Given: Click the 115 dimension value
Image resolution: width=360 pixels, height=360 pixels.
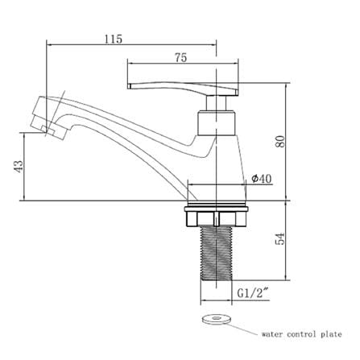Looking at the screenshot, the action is pyautogui.click(x=113, y=39).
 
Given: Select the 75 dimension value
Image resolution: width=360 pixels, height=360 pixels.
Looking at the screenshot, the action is pyautogui.click(x=180, y=57).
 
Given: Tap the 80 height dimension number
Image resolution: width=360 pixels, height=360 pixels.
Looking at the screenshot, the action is pyautogui.click(x=280, y=141).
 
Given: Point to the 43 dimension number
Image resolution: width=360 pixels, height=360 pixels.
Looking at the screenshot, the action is pyautogui.click(x=19, y=167).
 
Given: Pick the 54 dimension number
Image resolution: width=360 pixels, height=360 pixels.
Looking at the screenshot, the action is pyautogui.click(x=279, y=238).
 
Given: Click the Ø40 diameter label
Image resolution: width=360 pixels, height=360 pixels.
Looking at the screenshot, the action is pyautogui.click(x=262, y=179).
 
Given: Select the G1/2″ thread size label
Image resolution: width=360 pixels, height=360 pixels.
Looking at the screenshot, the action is pyautogui.click(x=253, y=293).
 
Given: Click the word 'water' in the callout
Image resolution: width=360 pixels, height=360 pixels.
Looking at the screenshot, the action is pyautogui.click(x=272, y=334).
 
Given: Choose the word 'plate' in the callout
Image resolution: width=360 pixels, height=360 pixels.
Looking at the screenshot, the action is pyautogui.click(x=331, y=334).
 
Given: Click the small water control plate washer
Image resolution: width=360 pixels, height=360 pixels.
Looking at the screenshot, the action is pyautogui.click(x=216, y=319).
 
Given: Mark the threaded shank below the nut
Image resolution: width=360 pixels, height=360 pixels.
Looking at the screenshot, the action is pyautogui.click(x=216, y=253).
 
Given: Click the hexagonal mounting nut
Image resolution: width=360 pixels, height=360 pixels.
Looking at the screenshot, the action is pyautogui.click(x=216, y=219).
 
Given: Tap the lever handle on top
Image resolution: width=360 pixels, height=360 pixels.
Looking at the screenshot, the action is pyautogui.click(x=182, y=89).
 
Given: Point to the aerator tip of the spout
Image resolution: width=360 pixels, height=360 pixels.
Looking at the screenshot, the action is pyautogui.click(x=48, y=118).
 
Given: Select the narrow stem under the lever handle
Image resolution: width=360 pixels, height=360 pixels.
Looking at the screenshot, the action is pyautogui.click(x=216, y=103).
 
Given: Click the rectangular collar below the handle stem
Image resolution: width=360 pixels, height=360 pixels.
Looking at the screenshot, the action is pyautogui.click(x=217, y=122).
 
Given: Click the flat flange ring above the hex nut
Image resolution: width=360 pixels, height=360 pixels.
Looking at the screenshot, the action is pyautogui.click(x=216, y=209).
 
